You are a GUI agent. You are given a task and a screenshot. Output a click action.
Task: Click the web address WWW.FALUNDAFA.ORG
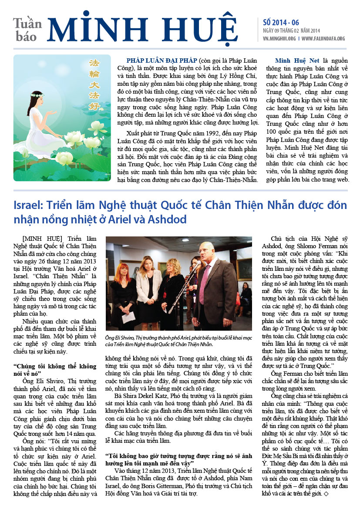pos(323,38)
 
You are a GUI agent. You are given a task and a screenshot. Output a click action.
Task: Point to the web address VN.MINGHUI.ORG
pos(279,38)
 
